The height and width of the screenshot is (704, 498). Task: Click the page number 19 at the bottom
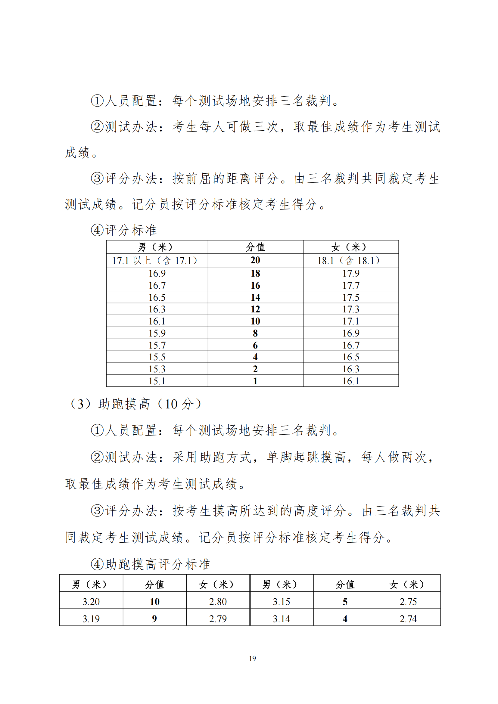tap(252, 658)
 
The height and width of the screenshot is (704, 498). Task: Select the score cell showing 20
tap(255, 260)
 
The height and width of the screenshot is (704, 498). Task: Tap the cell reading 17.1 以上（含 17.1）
tap(157, 261)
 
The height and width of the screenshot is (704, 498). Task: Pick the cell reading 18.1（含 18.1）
tap(350, 261)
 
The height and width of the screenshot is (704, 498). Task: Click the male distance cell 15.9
tap(157, 333)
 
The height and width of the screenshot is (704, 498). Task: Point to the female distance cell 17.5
tap(351, 297)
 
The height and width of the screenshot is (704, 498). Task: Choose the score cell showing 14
tap(255, 297)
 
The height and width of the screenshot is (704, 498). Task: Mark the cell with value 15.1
tap(157, 381)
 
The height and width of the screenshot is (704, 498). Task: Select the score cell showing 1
tap(255, 381)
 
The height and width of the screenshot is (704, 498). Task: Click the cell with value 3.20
tap(91, 602)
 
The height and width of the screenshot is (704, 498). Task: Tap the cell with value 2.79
tap(218, 619)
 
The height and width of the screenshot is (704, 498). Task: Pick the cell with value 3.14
tap(282, 619)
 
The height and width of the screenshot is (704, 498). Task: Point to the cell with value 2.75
tap(408, 602)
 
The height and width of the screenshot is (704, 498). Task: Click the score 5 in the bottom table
tap(345, 602)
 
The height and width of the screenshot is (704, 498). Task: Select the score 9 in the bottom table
tap(154, 619)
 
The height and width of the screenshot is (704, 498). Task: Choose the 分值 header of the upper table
tap(255, 247)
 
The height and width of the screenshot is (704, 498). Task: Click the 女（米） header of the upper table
tap(350, 247)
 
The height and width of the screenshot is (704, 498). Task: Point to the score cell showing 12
tap(255, 309)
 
